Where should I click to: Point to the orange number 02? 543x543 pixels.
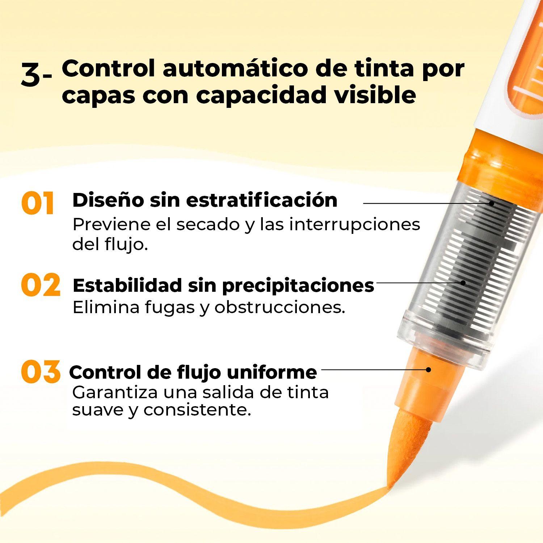pos(40,285)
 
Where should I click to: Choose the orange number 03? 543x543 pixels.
pos(40,371)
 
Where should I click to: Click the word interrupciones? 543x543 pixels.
pos(355,224)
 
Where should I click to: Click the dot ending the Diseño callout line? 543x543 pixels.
pos(491,203)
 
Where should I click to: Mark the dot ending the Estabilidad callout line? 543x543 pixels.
pos(463,283)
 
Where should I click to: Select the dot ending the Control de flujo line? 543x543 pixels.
pos(428,370)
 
